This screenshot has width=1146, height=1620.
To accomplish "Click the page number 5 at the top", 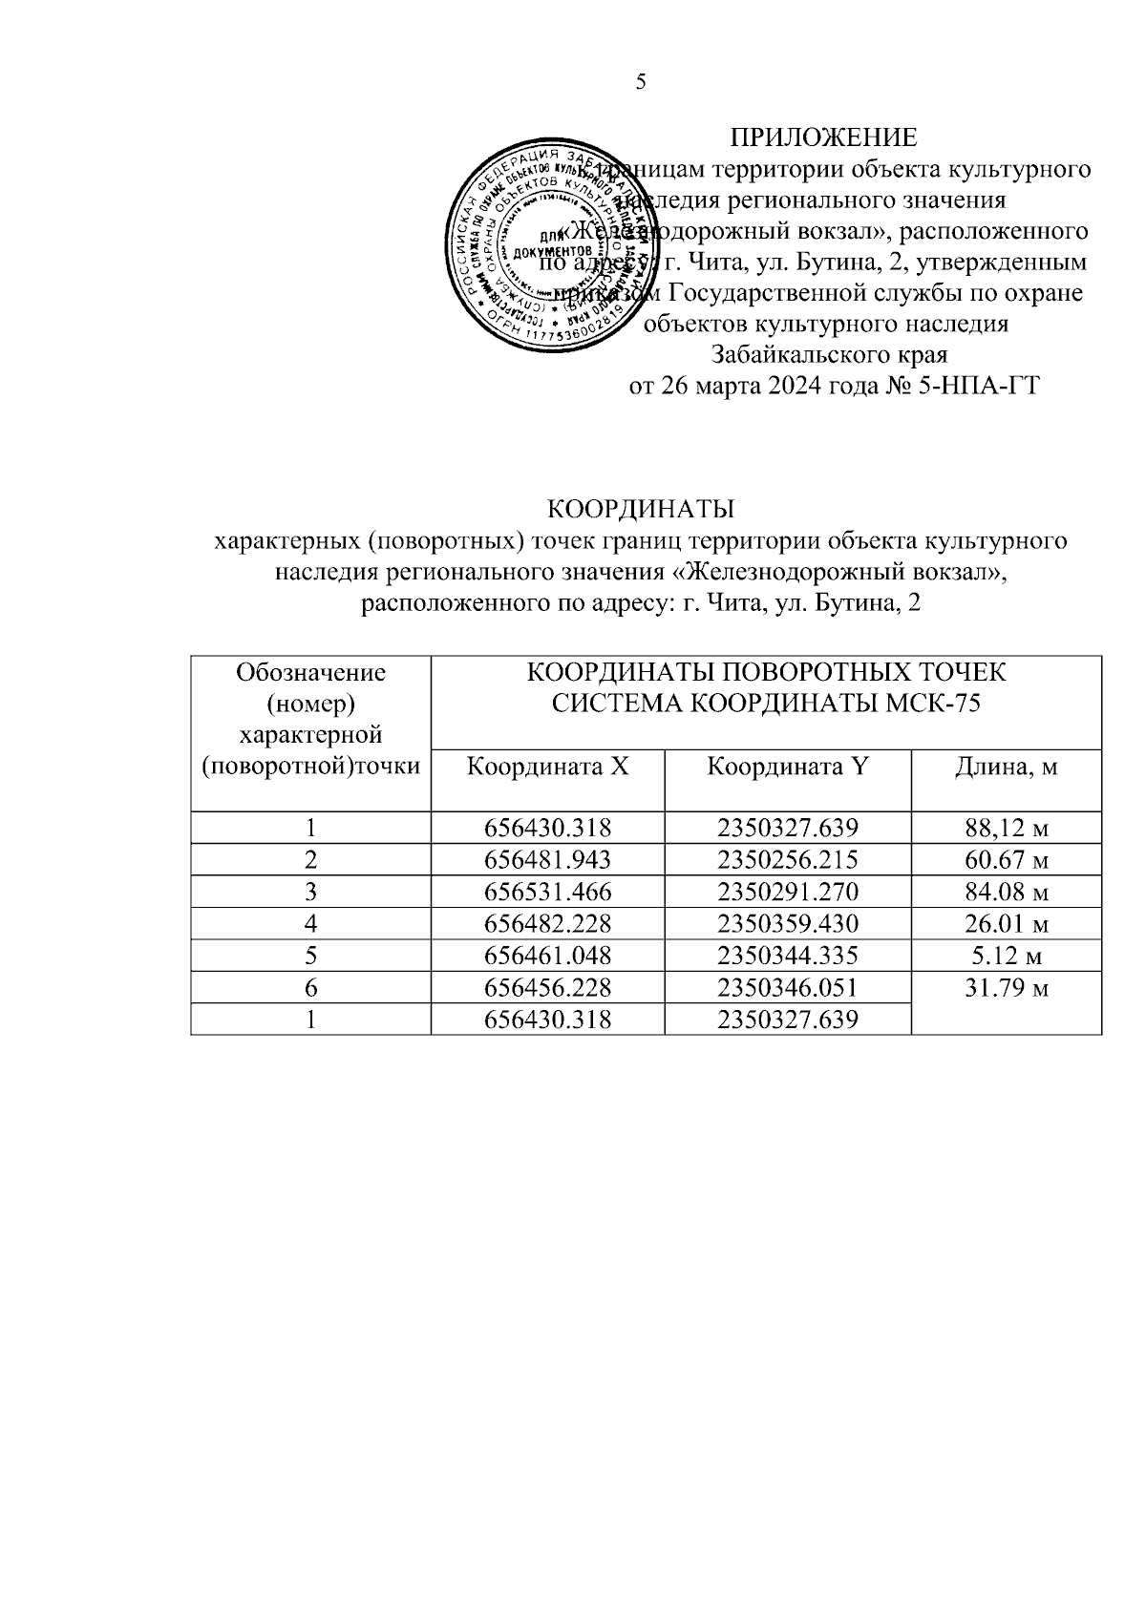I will [x=641, y=82].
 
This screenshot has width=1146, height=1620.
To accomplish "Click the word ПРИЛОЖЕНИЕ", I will [x=823, y=137].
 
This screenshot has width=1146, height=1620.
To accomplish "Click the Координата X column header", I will [x=547, y=766].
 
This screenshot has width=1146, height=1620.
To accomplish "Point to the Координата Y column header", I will [x=787, y=766].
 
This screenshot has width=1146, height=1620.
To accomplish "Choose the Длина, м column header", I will [x=1006, y=766].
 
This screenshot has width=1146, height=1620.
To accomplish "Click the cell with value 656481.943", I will [x=547, y=860].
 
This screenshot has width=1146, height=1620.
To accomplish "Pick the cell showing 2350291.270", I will [x=788, y=892].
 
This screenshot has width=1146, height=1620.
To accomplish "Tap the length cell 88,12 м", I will [x=1007, y=829].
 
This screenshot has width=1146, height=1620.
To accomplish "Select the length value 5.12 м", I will [x=1007, y=956].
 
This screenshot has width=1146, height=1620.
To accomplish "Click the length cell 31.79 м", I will [x=1007, y=988].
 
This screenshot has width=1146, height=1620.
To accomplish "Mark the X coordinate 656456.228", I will [x=547, y=988].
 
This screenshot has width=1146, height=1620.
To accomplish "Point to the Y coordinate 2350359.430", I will [x=788, y=924].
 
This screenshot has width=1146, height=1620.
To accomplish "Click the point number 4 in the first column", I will [x=310, y=924].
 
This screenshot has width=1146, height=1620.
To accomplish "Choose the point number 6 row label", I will [x=310, y=988].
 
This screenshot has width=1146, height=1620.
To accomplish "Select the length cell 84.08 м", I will [x=1007, y=892].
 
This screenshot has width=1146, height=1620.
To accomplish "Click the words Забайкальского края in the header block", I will [x=829, y=355].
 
